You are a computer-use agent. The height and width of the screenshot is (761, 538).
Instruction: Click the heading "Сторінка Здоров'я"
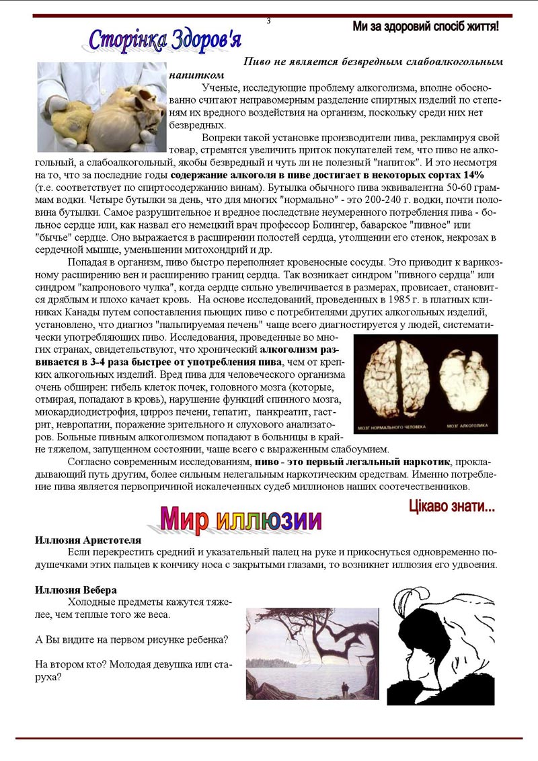pyautogui.click(x=165, y=40)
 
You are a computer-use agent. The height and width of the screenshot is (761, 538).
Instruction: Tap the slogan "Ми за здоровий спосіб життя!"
pyautogui.click(x=425, y=27)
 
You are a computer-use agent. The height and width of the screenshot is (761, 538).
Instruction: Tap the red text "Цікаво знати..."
pyautogui.click(x=451, y=506)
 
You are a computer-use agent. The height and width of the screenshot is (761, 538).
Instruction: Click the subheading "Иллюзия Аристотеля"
pyautogui.click(x=88, y=540)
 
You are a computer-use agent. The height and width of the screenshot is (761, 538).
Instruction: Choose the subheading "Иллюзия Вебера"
pyautogui.click(x=76, y=590)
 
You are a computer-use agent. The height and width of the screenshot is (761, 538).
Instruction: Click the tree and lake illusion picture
pyautogui.click(x=312, y=653)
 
